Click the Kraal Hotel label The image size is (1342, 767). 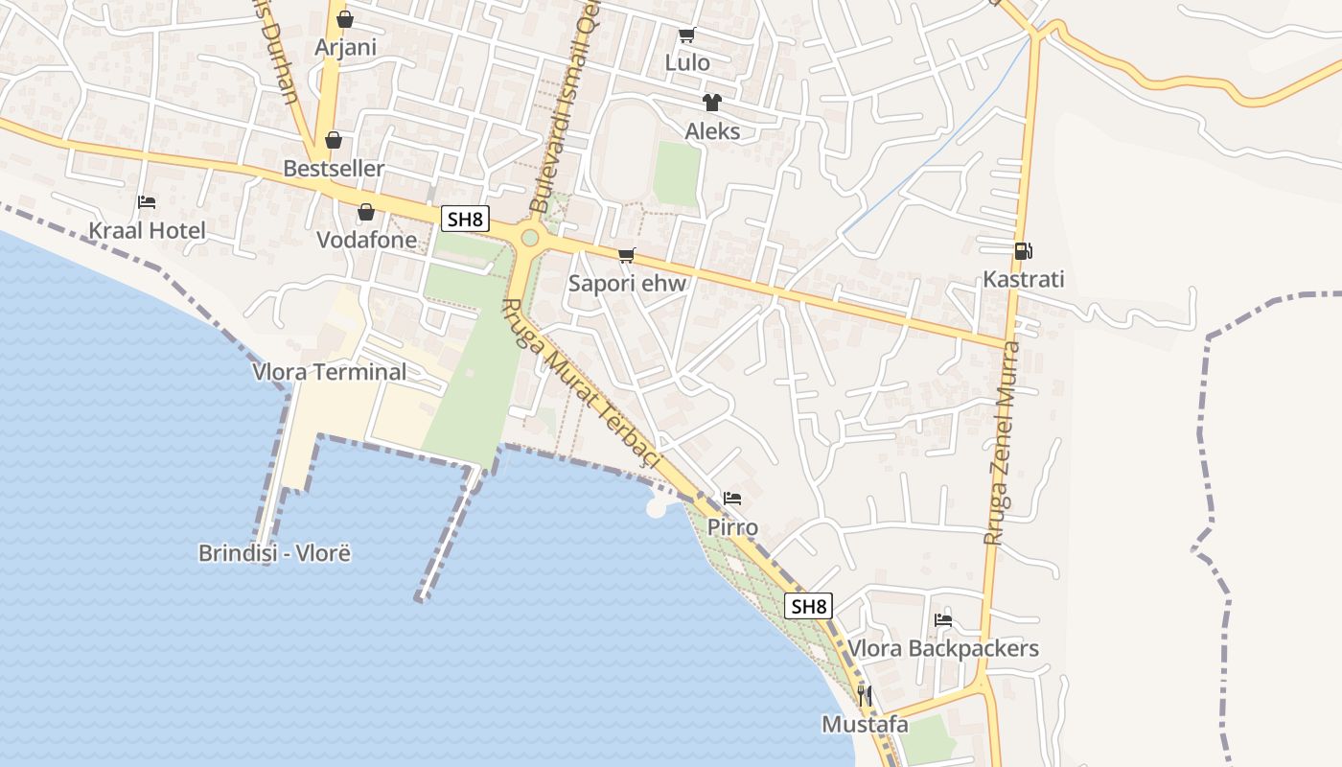(x=147, y=230)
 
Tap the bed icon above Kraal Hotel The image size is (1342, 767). (x=147, y=202)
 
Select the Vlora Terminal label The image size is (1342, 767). (x=329, y=372)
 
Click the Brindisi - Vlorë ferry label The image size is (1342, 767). (x=274, y=553)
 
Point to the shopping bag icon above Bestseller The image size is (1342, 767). (x=334, y=141)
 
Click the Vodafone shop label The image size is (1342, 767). (x=367, y=240)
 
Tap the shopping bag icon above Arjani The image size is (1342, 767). (x=345, y=19)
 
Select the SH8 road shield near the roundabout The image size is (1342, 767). (x=464, y=219)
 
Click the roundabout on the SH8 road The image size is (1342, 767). (x=529, y=237)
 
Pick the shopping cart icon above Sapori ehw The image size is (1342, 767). (x=627, y=255)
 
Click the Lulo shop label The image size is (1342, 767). (x=687, y=63)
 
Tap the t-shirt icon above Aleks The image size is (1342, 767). (x=711, y=103)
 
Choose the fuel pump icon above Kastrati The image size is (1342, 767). (x=1023, y=251)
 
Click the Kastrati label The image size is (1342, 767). (x=1023, y=280)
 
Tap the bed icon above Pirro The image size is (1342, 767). (x=732, y=499)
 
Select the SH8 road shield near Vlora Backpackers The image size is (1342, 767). (x=808, y=606)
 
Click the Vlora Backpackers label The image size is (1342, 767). (x=943, y=649)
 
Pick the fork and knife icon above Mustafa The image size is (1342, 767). (x=865, y=696)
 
